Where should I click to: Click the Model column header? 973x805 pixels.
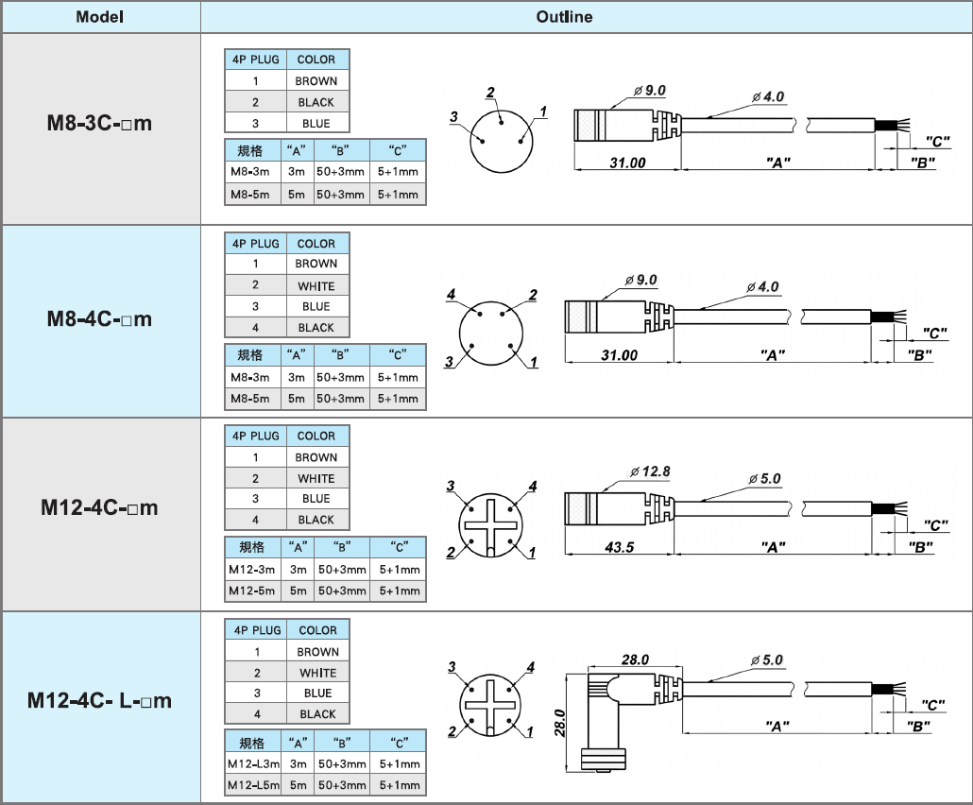coord(99,17)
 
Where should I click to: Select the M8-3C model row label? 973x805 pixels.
coord(99,124)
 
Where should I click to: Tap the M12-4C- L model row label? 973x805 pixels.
coord(99,700)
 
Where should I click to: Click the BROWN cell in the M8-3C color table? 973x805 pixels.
coord(316,81)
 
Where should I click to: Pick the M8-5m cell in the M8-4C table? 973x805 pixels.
coord(250,398)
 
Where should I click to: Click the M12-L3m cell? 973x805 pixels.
coord(252,763)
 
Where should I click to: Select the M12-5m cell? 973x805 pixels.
coord(252,591)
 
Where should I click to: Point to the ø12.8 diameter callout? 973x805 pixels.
coord(649,471)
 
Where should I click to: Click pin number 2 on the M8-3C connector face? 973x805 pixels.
coord(490,93)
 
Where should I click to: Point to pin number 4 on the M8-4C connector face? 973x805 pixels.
coord(452,296)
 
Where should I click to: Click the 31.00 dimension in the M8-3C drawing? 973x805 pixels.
coord(627,163)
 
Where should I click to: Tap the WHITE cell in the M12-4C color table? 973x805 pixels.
coord(316,478)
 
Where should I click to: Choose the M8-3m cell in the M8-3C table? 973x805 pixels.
coord(250,172)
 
